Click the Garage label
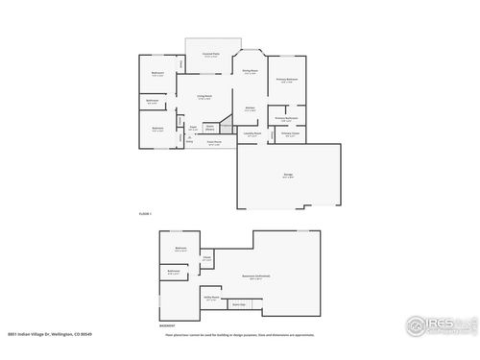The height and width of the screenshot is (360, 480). (x=287, y=175)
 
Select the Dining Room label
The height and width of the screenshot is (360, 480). (x=249, y=71)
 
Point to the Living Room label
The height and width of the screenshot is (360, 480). (x=204, y=97)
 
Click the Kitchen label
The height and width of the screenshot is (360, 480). (x=249, y=108)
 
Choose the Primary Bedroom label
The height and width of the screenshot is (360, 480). (x=286, y=80)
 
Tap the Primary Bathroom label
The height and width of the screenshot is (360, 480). (x=286, y=118)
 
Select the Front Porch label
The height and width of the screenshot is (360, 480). (x=215, y=143)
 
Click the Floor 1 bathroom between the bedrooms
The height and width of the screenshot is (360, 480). (x=152, y=101)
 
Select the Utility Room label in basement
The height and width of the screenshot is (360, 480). (x=210, y=299)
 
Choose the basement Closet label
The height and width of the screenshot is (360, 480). (x=206, y=257)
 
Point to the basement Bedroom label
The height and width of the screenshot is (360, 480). (x=180, y=249)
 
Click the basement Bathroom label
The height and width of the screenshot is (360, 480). (x=174, y=272)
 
